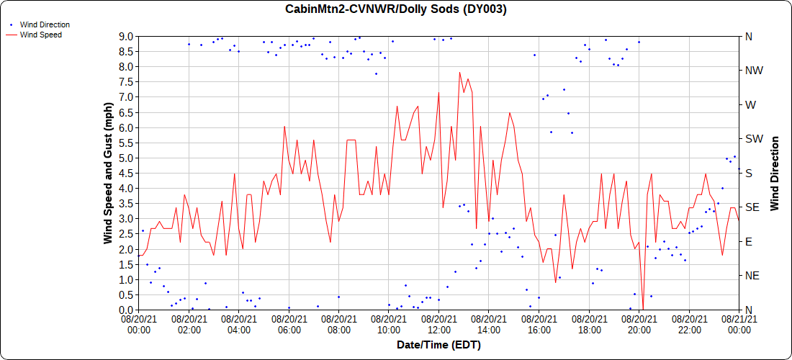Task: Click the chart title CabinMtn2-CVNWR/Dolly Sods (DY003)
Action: [x=396, y=9]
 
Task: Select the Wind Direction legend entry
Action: [x=45, y=24]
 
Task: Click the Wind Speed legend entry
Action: [x=40, y=34]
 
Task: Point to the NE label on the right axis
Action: [x=750, y=276]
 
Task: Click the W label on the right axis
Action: [x=750, y=104]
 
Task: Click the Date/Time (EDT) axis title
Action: [x=438, y=345]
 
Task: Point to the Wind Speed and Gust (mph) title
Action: [x=108, y=173]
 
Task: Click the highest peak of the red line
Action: [x=459, y=72]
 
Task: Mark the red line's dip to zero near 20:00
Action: [x=643, y=309]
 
